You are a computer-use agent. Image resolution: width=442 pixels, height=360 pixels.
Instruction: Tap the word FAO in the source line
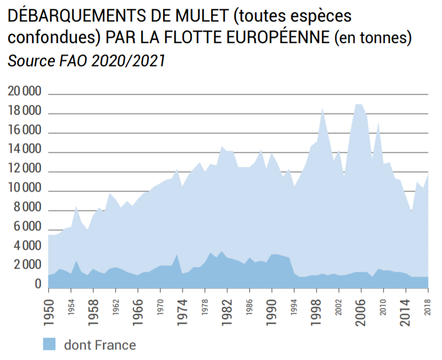(x=73, y=60)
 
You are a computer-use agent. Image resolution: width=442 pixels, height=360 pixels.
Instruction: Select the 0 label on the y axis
(x=38, y=285)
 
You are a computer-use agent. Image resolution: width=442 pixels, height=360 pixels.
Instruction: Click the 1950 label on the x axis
(x=49, y=307)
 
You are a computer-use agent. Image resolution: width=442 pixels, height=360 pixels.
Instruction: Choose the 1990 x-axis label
(x=273, y=307)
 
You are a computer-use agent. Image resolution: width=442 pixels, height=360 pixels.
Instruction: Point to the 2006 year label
(x=362, y=307)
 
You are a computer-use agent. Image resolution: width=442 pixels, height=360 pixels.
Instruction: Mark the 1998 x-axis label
(x=317, y=307)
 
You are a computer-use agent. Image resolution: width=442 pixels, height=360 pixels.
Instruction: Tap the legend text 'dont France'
(x=100, y=344)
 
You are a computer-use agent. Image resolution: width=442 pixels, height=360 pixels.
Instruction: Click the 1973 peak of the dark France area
(x=178, y=255)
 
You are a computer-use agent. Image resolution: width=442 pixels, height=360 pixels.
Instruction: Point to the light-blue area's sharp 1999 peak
(x=322, y=108)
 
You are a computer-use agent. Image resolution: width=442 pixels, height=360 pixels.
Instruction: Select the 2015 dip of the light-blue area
(x=412, y=211)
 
